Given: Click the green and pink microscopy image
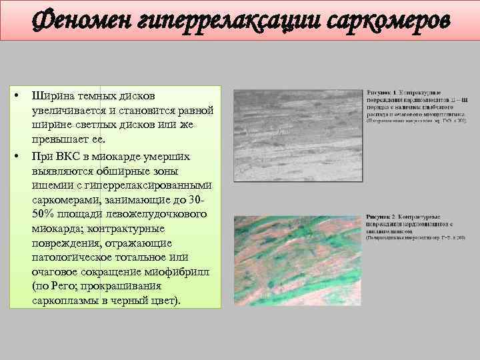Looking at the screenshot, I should tap(294, 261).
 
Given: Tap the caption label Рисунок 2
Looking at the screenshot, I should tap(382, 217).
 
